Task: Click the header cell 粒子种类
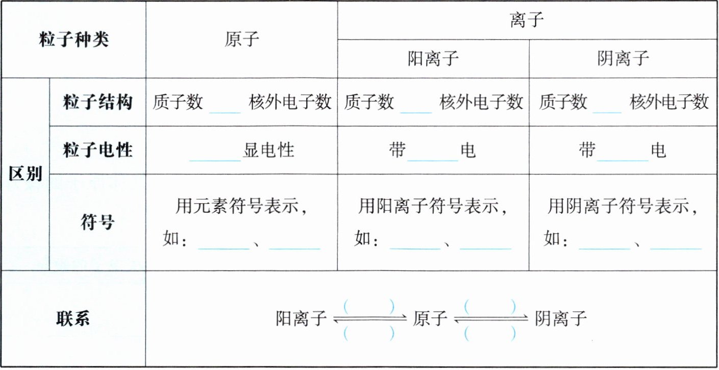click(x=73, y=40)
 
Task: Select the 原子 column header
click(x=242, y=40)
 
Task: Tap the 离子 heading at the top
click(x=527, y=20)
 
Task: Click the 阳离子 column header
click(x=433, y=59)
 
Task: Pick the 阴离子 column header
click(x=623, y=59)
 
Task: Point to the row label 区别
click(x=25, y=174)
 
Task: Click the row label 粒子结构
click(x=97, y=102)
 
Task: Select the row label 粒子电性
click(x=97, y=150)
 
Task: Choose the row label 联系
click(x=73, y=318)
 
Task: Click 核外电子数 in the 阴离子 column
click(x=670, y=102)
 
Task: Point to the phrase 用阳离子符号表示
click(x=433, y=207)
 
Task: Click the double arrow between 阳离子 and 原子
click(x=369, y=319)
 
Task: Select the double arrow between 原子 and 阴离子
click(x=490, y=319)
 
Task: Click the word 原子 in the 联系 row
click(x=430, y=319)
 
